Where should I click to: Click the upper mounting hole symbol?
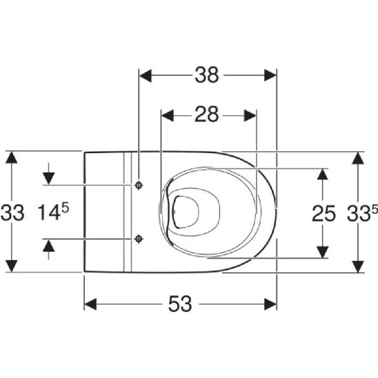pyautogui.click(x=139, y=186)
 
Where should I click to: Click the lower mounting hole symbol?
pyautogui.click(x=139, y=239)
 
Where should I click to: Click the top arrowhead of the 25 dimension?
pyautogui.click(x=322, y=174)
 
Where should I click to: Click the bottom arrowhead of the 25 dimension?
pyautogui.click(x=322, y=252)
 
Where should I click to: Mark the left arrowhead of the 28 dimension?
pyautogui.click(x=166, y=115)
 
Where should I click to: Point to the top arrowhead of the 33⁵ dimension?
pyautogui.click(x=357, y=158)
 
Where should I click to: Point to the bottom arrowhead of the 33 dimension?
pyautogui.click(x=11, y=266)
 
